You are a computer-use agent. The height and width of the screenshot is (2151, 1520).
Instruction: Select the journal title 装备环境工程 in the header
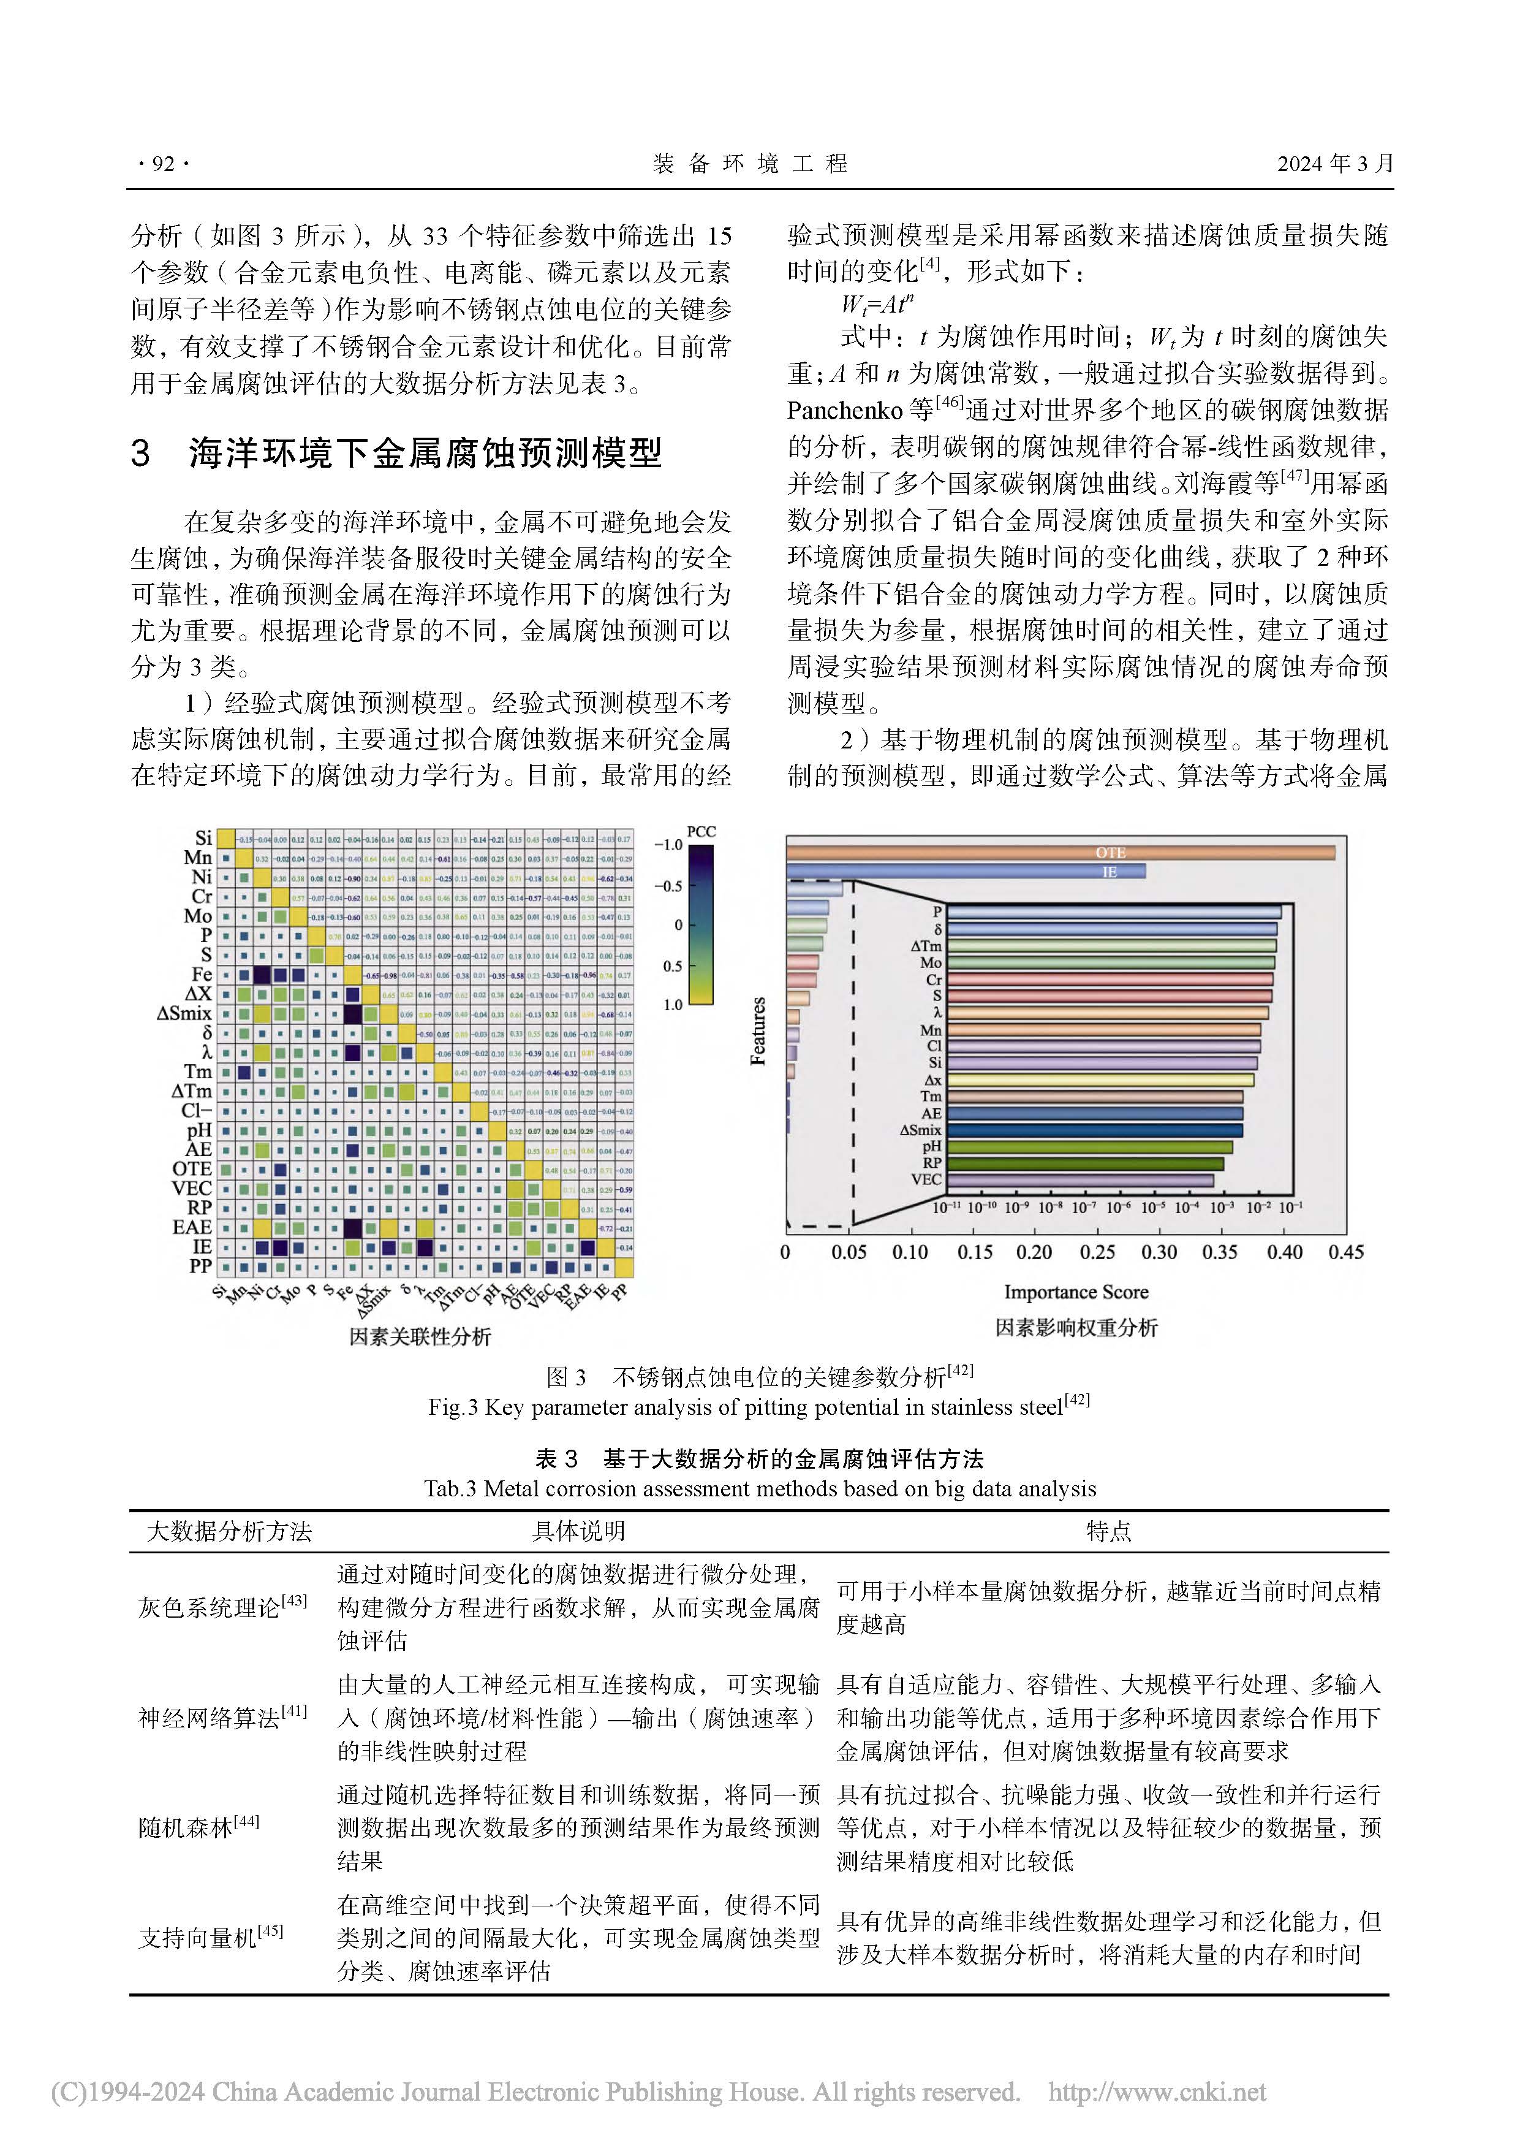(749, 164)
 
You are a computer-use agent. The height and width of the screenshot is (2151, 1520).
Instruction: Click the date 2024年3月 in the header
(1334, 164)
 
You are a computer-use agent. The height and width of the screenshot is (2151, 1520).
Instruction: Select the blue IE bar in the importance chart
(966, 871)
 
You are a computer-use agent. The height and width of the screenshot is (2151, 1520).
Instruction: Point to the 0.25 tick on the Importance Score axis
(1097, 1252)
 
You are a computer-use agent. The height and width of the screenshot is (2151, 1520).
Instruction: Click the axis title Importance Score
(1076, 1292)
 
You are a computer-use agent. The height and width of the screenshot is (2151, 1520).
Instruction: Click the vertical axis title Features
(758, 1030)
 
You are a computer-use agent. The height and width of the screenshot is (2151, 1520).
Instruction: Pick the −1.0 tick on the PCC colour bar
(668, 845)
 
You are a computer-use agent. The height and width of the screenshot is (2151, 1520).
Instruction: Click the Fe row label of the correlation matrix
(202, 974)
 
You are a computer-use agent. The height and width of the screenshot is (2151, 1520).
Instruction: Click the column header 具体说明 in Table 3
(579, 1531)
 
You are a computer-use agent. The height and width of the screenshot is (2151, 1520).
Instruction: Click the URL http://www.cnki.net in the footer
(1157, 2092)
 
